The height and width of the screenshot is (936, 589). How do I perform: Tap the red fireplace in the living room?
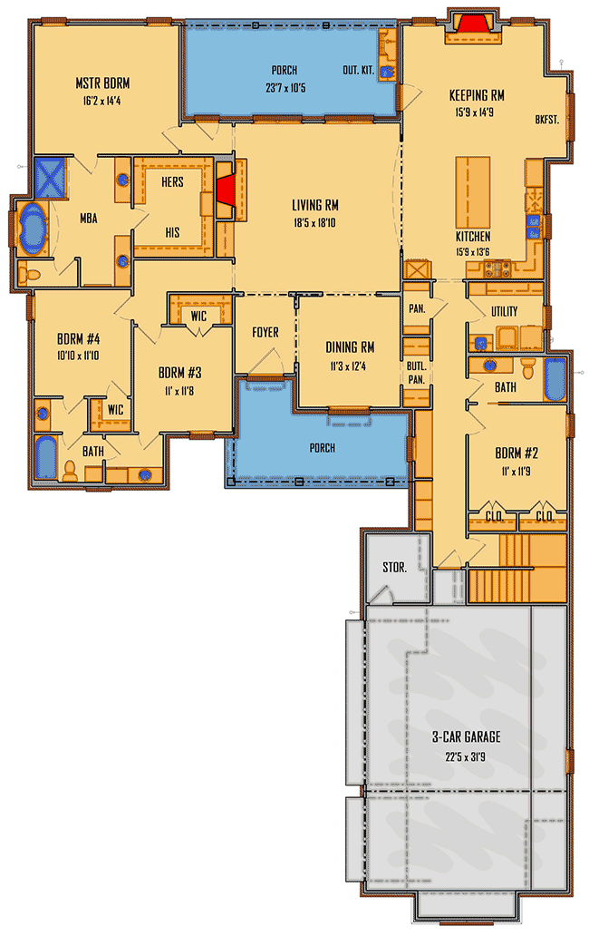click(226, 193)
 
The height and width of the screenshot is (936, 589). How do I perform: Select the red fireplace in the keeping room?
click(472, 22)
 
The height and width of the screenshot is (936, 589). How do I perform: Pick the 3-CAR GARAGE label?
click(466, 736)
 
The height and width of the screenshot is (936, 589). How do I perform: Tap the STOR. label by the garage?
click(394, 569)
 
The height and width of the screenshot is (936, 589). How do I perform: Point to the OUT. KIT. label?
click(356, 71)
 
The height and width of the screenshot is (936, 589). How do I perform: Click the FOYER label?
click(265, 333)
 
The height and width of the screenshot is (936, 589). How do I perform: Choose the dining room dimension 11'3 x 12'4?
click(350, 365)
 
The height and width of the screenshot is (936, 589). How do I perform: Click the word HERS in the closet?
click(172, 181)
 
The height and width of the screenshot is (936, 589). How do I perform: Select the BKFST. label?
click(546, 118)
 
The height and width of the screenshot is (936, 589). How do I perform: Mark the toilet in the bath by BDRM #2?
click(530, 369)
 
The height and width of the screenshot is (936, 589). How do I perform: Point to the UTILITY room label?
click(504, 312)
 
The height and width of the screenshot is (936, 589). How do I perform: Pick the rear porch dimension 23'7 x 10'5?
click(284, 88)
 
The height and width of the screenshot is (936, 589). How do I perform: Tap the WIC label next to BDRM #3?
click(198, 316)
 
